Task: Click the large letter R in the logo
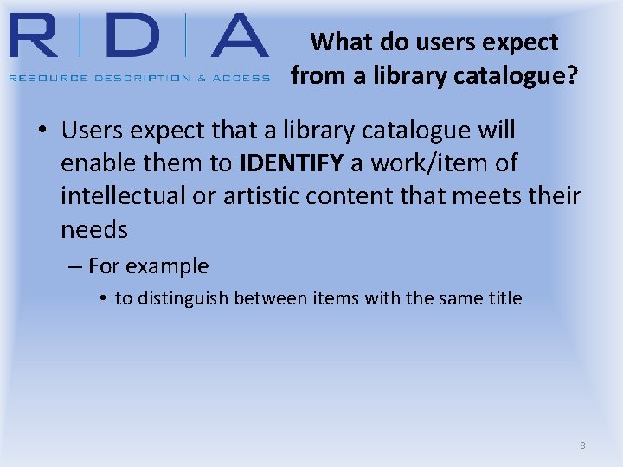tap(37, 37)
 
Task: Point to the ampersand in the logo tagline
tap(201, 78)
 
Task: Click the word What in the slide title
tap(339, 42)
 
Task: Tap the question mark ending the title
tap(571, 76)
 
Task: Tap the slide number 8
tap(582, 445)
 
